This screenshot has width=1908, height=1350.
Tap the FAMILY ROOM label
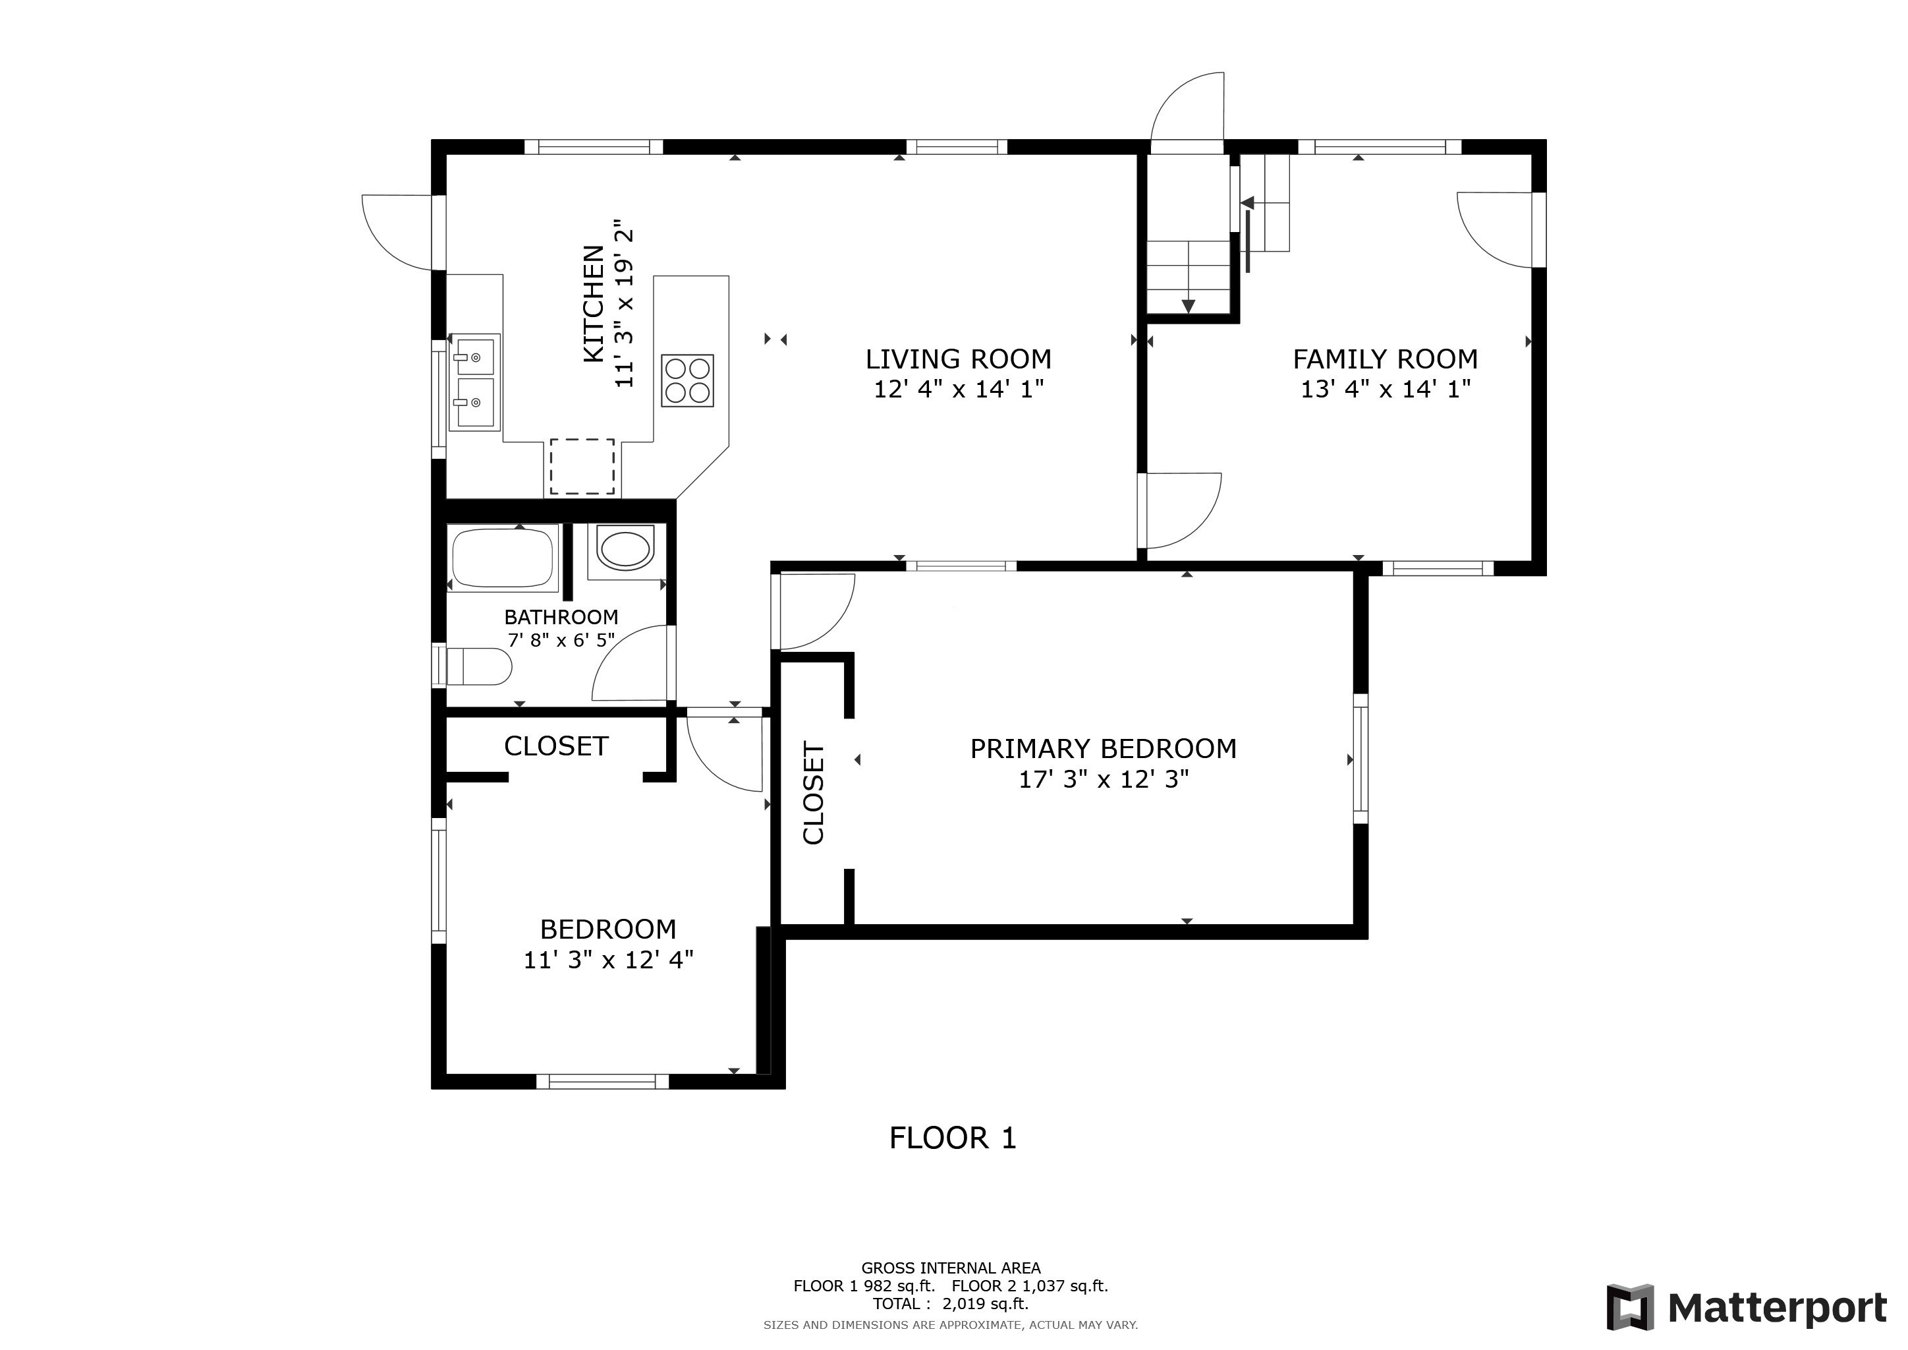point(1386,359)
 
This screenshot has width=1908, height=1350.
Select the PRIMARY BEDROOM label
point(1104,749)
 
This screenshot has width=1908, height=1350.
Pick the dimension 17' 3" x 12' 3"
point(1104,779)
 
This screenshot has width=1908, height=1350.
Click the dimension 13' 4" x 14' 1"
point(1386,389)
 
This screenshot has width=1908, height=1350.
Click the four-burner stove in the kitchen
point(687,381)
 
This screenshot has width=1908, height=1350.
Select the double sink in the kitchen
point(474,382)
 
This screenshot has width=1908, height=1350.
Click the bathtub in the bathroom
point(503,558)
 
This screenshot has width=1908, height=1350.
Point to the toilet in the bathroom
point(478,666)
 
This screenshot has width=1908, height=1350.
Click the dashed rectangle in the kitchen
point(582,466)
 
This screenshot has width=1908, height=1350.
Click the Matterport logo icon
point(1629,1308)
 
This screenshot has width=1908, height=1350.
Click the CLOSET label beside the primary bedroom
point(814,793)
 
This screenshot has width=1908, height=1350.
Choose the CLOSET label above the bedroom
point(556,746)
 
